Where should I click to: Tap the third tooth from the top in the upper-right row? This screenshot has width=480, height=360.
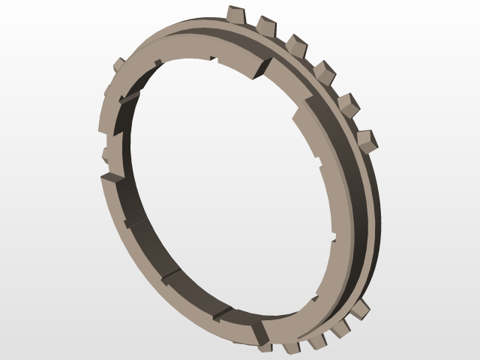(296, 45)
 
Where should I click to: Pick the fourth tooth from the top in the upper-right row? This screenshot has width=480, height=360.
(324, 72)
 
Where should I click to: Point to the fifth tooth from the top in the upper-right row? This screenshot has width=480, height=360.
(347, 103)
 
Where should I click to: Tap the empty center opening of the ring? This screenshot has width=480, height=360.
(225, 180)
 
